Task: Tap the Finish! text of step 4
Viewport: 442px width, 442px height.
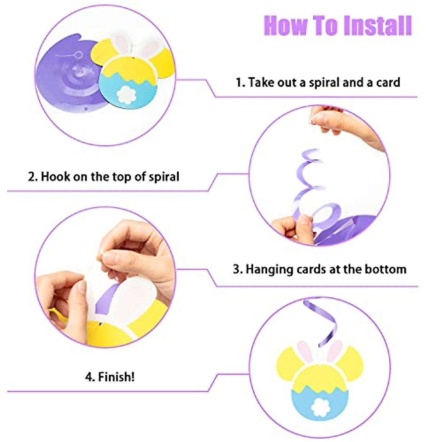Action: point(115,377)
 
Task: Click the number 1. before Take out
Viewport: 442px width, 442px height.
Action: point(240,83)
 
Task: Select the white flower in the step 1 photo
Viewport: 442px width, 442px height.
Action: point(126,94)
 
